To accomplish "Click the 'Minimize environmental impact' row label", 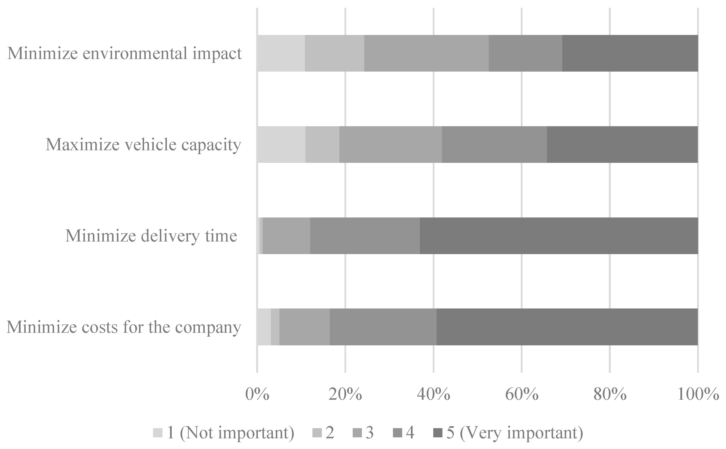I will point(124,53).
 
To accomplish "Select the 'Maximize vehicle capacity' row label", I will point(143,145).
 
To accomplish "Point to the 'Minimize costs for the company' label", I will point(124,327).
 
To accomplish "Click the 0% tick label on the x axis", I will point(257,395).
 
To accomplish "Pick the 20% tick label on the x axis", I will point(345,395).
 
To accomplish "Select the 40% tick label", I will point(433,395).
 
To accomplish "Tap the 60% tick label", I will point(522,395).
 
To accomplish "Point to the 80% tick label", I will point(610,395).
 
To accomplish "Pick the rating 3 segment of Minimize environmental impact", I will point(426,53).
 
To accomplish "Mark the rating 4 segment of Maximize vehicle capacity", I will point(494,145).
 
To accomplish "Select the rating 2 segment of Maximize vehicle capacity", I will point(322,145).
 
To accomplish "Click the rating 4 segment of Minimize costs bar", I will point(383,327).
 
